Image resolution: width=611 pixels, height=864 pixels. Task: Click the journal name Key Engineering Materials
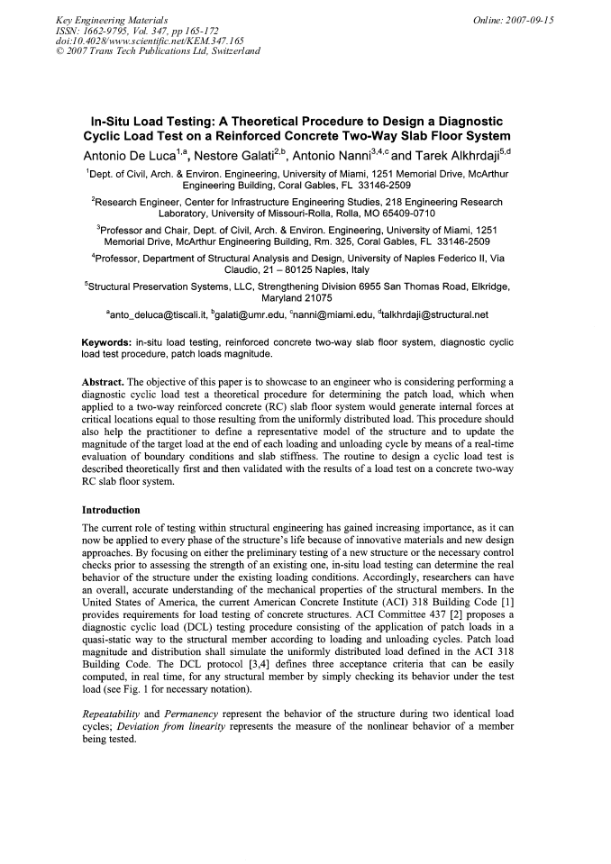104,19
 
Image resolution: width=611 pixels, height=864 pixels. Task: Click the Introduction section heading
111,510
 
